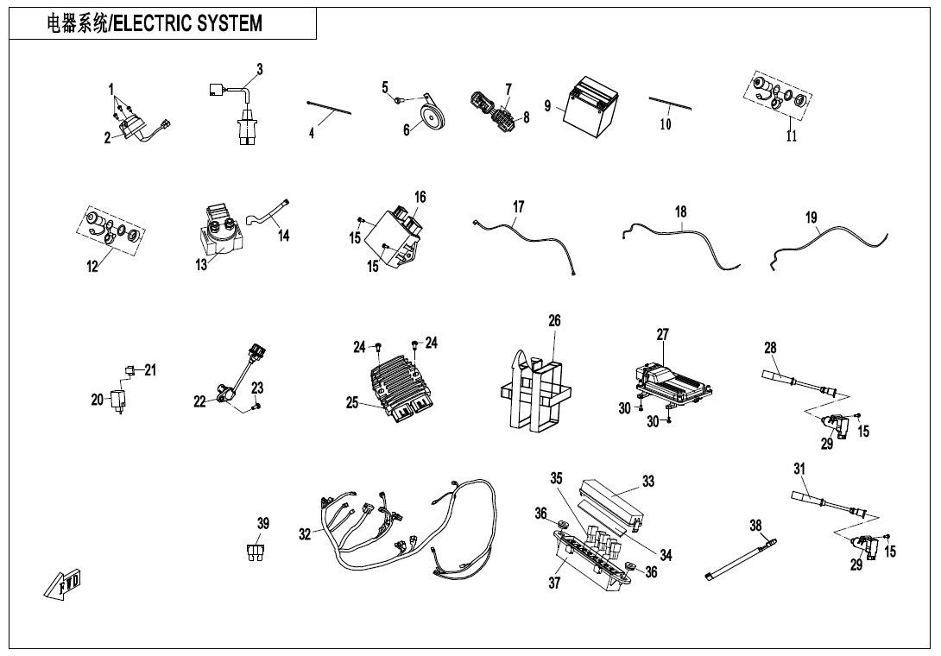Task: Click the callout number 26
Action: coord(554,320)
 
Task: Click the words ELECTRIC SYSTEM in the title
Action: coord(187,23)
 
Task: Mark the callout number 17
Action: coord(518,207)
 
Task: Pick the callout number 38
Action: coord(755,525)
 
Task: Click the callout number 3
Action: coord(259,69)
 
